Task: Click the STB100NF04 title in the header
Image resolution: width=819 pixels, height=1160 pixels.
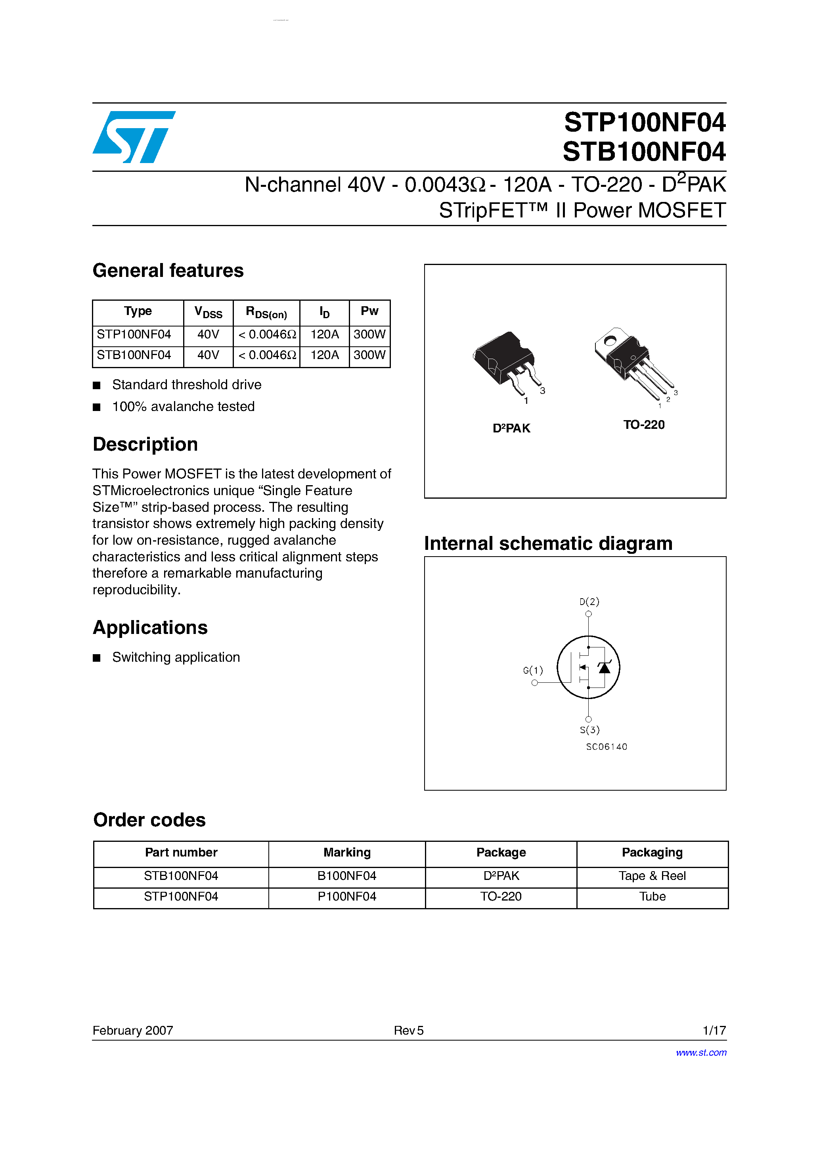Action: click(x=644, y=152)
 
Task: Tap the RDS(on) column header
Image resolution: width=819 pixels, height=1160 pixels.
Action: click(x=266, y=313)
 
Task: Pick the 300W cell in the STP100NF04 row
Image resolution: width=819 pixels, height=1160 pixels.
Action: click(x=369, y=334)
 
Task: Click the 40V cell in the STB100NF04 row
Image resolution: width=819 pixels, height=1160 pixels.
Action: click(x=208, y=355)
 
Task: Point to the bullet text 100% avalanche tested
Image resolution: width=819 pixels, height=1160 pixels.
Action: click(x=183, y=407)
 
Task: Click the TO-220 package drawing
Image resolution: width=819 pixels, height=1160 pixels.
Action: click(x=631, y=361)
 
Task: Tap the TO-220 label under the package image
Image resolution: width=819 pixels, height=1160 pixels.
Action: click(x=644, y=425)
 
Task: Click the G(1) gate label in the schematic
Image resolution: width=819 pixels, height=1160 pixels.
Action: click(x=533, y=670)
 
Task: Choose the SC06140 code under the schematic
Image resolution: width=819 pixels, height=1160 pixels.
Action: click(x=607, y=747)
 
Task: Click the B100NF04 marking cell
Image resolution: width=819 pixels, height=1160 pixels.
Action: click(x=347, y=876)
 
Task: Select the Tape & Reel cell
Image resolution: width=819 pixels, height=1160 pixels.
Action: click(x=652, y=876)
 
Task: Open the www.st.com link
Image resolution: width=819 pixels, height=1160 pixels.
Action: click(x=701, y=1053)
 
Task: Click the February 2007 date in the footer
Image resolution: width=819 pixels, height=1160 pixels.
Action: click(x=133, y=1031)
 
